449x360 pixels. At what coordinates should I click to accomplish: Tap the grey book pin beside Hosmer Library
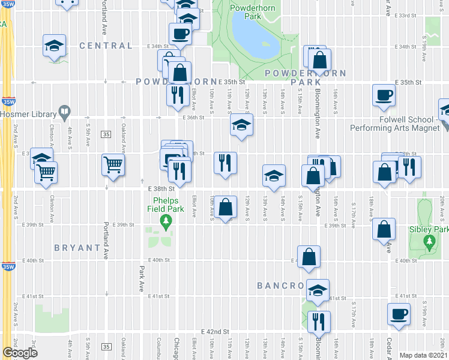coord(64,113)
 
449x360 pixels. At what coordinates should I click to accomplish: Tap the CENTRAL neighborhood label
coord(105,46)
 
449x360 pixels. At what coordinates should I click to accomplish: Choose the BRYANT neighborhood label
coord(77,247)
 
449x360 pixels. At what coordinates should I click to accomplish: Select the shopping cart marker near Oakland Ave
coord(113,164)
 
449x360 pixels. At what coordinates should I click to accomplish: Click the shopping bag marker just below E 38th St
coord(225,207)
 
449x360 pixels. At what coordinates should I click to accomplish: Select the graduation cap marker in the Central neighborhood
coord(53,45)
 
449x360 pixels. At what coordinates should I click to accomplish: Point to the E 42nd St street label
coord(215,331)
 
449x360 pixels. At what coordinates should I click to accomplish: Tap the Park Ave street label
coord(142,279)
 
